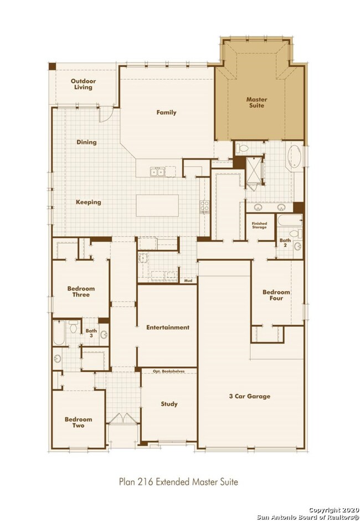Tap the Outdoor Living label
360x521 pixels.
[83, 85]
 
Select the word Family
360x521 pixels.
[166, 113]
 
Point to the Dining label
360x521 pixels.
[86, 142]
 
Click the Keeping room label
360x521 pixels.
[89, 202]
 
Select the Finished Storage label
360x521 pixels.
[260, 226]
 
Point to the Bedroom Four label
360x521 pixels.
[272, 295]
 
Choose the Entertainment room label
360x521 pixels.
[168, 328]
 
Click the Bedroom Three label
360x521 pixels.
[81, 292]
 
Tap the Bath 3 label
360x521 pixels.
[91, 334]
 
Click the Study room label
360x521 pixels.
[169, 404]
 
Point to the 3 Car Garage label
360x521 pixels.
[250, 396]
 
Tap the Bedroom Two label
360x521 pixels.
[78, 422]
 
